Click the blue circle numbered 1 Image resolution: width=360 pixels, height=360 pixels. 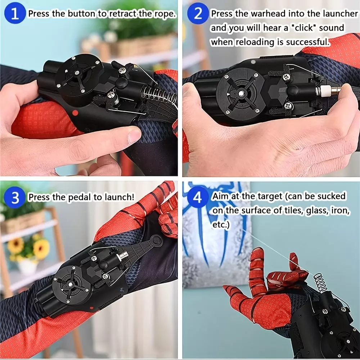15,13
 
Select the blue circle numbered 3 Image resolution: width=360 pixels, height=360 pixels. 15,197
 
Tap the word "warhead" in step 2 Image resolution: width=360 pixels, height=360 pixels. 268,14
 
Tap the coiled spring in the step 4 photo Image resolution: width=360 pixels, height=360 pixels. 320,283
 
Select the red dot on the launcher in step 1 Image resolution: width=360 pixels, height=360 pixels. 75,113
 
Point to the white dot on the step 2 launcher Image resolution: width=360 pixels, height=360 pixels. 253,62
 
